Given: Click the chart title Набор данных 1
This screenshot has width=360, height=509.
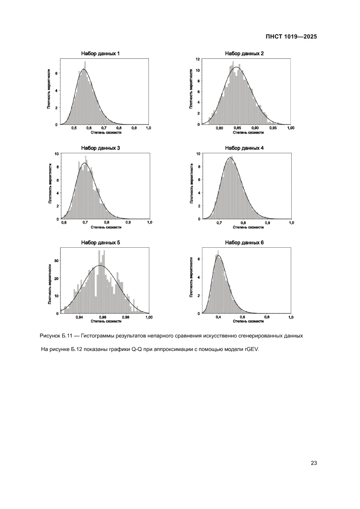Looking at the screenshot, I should (x=101, y=54).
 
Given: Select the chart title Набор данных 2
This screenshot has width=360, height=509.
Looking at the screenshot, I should (x=244, y=54).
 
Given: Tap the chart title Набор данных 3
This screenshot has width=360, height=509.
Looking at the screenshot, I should (x=101, y=148).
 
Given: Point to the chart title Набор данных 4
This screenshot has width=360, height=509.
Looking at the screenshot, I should (x=244, y=148).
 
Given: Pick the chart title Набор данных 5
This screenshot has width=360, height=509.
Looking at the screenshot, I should (x=101, y=243).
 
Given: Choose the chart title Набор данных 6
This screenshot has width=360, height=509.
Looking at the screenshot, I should (x=244, y=243).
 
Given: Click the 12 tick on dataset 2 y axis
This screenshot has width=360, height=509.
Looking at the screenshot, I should (x=198, y=59).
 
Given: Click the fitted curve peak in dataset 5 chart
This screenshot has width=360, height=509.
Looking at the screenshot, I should (x=101, y=265).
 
